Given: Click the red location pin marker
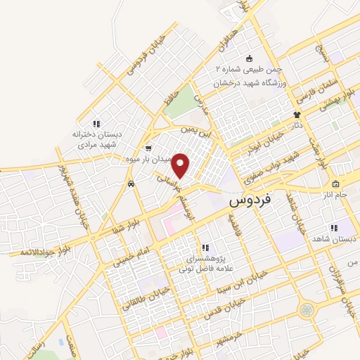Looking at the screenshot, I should [181, 165].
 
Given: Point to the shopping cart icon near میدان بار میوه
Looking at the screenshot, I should [148, 148].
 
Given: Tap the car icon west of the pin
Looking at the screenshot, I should [131, 184].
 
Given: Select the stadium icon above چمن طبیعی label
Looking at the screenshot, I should [248, 58].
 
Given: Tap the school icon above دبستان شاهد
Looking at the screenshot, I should [333, 228].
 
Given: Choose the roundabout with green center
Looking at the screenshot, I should [307, 309].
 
